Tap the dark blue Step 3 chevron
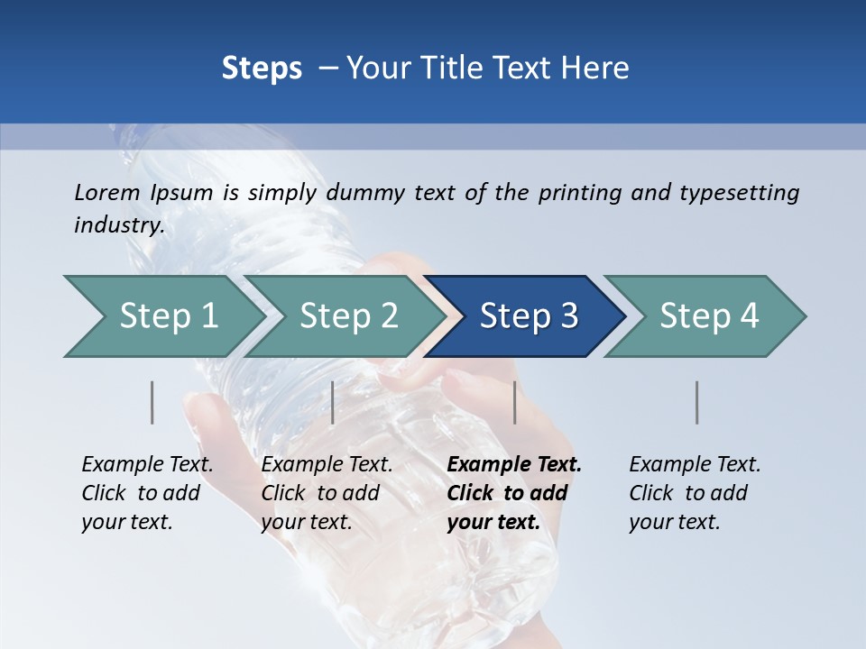coord(528,316)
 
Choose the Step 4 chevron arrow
coord(708,316)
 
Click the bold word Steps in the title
coord(262,68)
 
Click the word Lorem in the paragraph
coord(106,193)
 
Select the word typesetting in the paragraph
coord(738,193)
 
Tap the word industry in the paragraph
coord(119,225)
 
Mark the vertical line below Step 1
coord(152,402)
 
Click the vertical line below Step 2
coord(333,402)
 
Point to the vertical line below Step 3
coord(514,402)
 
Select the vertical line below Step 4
coord(697,402)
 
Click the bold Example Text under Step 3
coord(514,465)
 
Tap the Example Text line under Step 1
coord(147,465)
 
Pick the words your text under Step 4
coord(675,522)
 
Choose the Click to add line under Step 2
coord(320,494)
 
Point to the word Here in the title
coord(599,68)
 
